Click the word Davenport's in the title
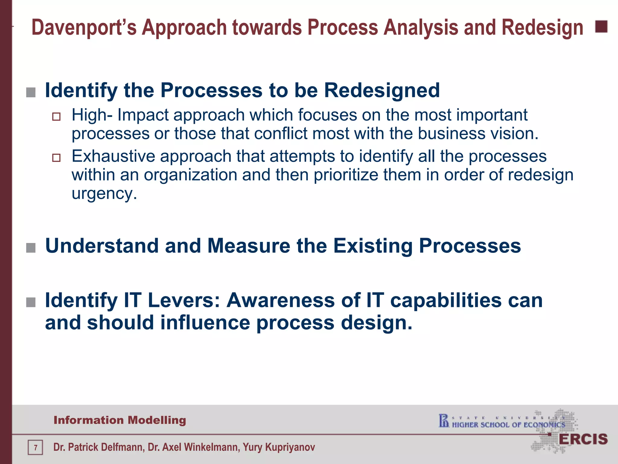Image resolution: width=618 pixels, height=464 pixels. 84,28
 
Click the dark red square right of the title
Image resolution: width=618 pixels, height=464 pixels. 601,27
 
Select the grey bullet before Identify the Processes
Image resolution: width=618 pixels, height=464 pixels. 31,92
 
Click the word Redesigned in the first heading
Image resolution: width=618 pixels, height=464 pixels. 382,90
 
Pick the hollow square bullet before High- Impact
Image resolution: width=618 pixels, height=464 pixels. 56,117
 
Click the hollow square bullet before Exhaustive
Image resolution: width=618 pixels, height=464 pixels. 56,158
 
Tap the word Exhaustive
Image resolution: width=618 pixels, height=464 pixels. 113,156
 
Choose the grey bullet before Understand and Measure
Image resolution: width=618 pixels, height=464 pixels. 31,248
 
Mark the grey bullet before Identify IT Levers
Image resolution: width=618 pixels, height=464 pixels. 31,302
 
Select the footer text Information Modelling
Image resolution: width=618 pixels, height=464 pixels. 120,420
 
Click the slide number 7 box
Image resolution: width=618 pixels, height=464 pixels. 35,447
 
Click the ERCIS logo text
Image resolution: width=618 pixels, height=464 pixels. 583,439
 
